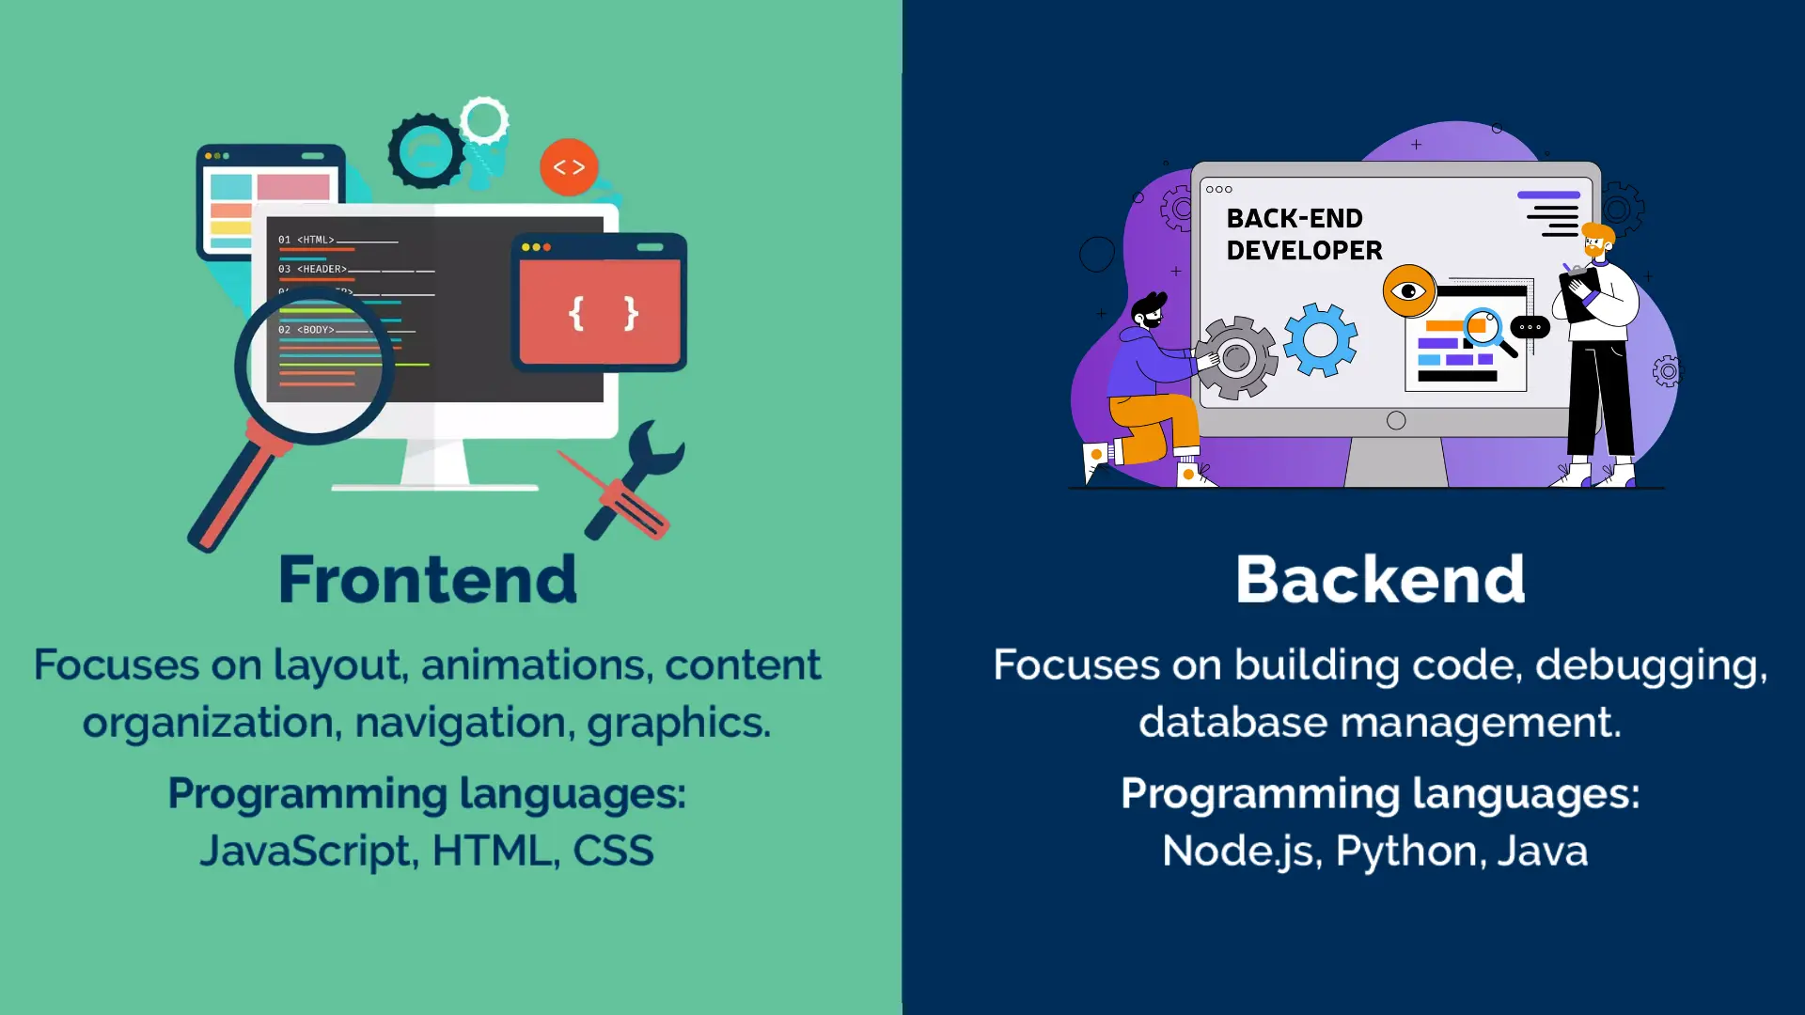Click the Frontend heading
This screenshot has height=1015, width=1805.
click(x=428, y=579)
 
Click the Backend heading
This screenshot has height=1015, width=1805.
click(x=1380, y=579)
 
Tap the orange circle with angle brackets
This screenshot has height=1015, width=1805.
click(x=569, y=167)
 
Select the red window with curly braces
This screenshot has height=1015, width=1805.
click(x=600, y=312)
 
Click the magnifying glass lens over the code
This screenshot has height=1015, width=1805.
click(x=314, y=367)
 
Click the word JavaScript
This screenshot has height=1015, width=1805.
click(x=306, y=851)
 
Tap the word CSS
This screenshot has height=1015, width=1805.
click(x=613, y=851)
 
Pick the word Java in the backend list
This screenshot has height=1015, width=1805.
click(x=1542, y=851)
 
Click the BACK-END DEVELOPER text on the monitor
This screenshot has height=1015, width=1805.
click(x=1304, y=234)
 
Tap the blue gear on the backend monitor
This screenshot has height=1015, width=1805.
click(x=1320, y=339)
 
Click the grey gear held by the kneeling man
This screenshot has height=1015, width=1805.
click(x=1236, y=357)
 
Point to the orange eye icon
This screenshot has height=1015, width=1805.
click(x=1408, y=290)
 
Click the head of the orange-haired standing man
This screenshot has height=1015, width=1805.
click(x=1596, y=242)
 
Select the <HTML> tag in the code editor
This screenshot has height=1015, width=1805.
click(x=316, y=240)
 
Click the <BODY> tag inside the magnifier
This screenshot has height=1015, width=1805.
click(x=316, y=330)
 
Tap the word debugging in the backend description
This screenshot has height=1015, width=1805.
click(x=1651, y=665)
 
